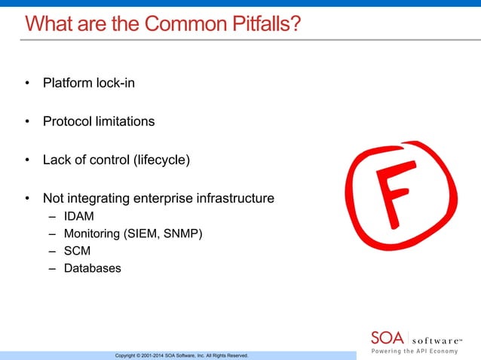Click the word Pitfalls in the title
257,24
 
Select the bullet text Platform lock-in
89,83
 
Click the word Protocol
67,121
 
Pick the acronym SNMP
182,233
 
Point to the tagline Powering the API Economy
422,351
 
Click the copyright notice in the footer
182,355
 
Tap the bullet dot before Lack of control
27,160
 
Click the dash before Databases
52,268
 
